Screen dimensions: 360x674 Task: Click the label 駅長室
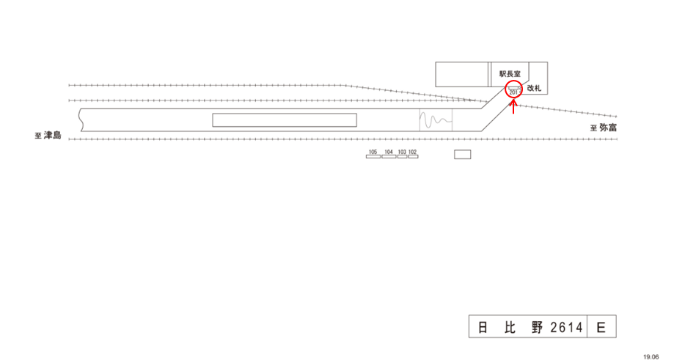point(510,73)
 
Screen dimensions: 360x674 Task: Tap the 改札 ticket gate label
point(534,88)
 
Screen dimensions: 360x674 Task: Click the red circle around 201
point(513,91)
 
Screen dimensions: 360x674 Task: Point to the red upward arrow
point(513,107)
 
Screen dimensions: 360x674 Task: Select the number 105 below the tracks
point(373,152)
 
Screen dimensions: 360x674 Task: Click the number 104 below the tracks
point(389,152)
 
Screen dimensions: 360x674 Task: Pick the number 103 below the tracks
point(402,152)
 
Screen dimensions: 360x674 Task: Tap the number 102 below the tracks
point(412,152)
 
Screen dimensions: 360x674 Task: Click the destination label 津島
point(52,135)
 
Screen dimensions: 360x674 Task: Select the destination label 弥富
point(609,127)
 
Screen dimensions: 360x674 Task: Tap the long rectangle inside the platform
point(285,120)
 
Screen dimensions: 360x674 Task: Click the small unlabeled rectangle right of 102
point(462,155)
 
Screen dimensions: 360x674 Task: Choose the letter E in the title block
point(601,328)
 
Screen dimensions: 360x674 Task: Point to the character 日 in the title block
point(483,328)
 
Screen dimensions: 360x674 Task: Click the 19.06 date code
point(651,356)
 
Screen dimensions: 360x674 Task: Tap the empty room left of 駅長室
point(462,75)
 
